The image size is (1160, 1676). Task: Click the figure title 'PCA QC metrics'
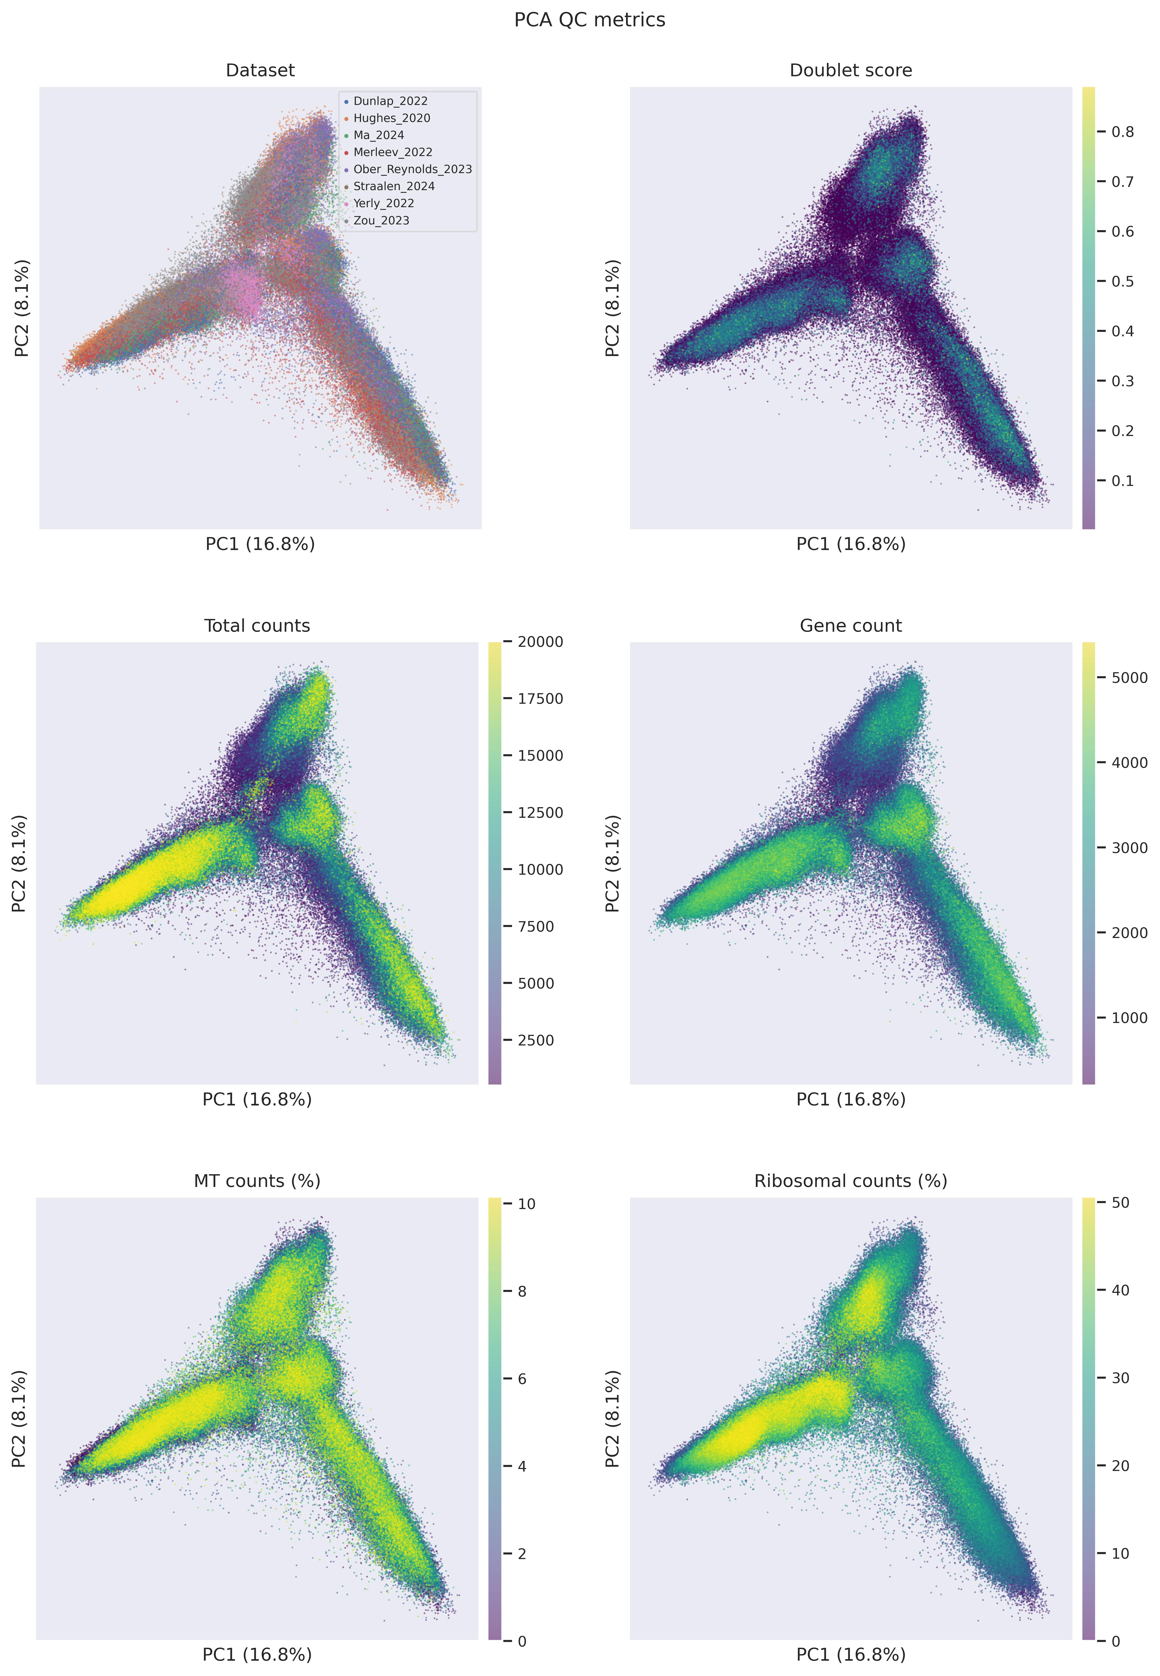point(589,20)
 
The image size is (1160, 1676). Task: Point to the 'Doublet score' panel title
point(850,70)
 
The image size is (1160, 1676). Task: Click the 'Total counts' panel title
point(257,626)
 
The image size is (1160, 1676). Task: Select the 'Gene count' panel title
point(850,626)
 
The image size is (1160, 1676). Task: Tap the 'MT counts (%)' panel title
point(257,1181)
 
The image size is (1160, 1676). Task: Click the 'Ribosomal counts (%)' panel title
point(850,1181)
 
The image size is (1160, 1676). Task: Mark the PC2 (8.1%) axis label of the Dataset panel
point(22,308)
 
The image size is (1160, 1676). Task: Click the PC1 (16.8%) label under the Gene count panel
point(850,1099)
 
